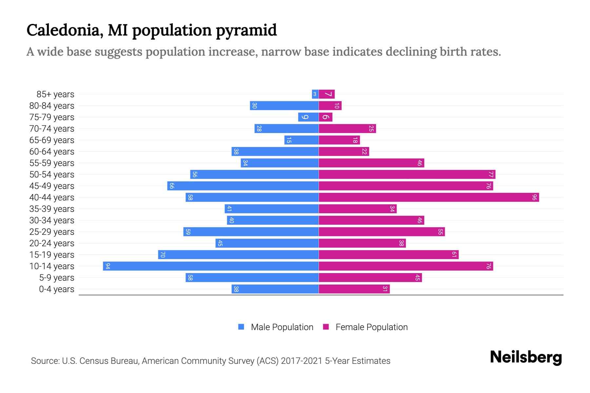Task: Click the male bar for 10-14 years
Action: (x=211, y=266)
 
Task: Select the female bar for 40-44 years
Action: (x=429, y=197)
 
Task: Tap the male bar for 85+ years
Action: (x=315, y=94)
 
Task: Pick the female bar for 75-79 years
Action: (x=325, y=117)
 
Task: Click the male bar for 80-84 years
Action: (x=284, y=106)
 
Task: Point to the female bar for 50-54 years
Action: (x=407, y=175)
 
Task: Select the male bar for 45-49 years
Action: (x=243, y=186)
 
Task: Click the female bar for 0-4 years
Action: (x=354, y=289)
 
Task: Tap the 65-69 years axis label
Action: (x=52, y=140)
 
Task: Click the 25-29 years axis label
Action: (x=52, y=232)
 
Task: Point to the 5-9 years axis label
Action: (x=56, y=278)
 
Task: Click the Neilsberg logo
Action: (x=526, y=357)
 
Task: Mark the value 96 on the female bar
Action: (x=534, y=197)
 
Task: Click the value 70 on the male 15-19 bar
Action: (x=163, y=255)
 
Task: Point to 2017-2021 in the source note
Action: (x=302, y=361)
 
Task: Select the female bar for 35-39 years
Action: (x=357, y=209)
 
